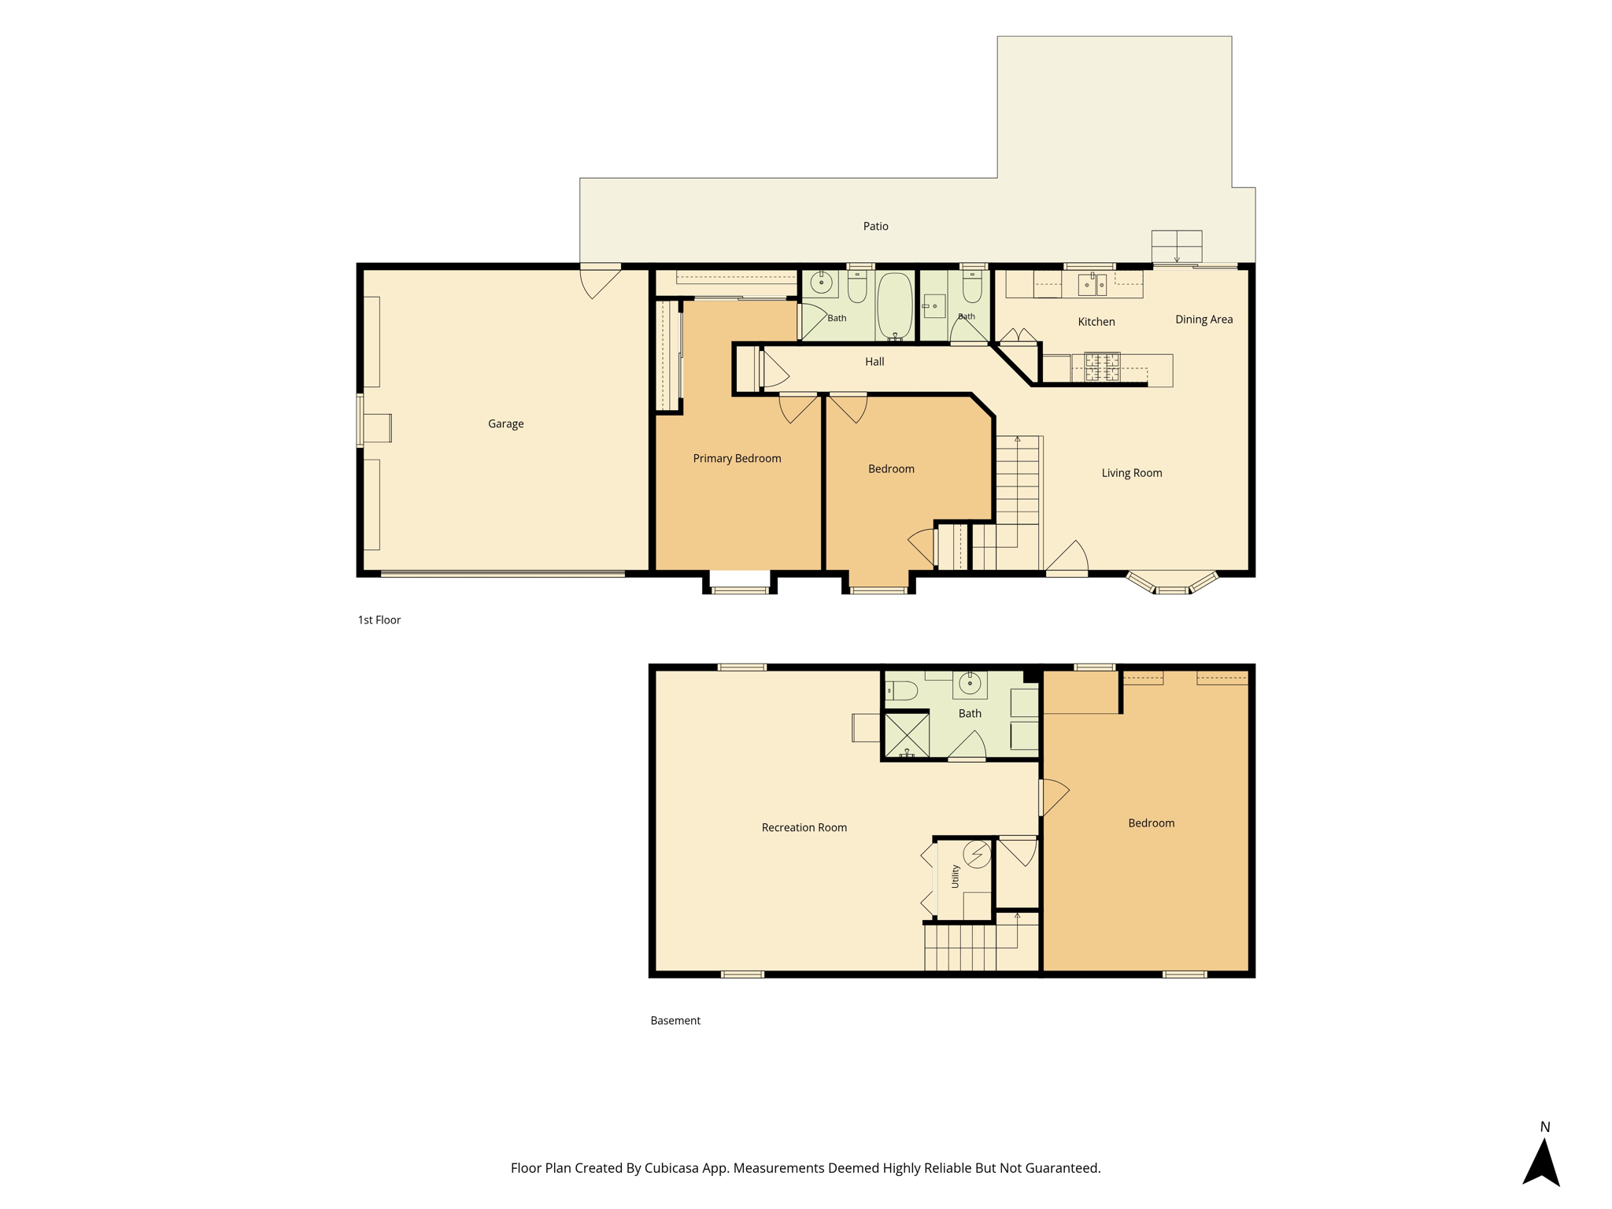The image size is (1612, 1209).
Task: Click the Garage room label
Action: (505, 423)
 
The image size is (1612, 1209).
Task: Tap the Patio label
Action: (875, 226)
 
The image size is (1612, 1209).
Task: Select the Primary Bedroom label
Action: (737, 458)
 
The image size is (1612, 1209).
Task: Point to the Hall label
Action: (874, 361)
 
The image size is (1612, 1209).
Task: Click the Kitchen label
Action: (1096, 321)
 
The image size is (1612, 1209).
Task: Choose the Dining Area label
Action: (1203, 319)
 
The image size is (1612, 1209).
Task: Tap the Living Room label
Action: (1131, 472)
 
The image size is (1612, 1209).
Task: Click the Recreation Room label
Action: (804, 827)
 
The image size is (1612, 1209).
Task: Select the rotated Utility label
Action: (955, 876)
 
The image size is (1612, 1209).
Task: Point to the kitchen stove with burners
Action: (1102, 367)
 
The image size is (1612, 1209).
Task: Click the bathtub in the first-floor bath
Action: (894, 306)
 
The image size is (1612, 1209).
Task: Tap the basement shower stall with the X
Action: (907, 735)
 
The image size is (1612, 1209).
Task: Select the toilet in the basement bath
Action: (901, 691)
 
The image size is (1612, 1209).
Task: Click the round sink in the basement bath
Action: (970, 683)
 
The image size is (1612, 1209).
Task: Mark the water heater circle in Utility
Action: (977, 854)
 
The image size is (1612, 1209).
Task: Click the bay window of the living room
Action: (1172, 583)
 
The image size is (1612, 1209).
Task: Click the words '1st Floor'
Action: (379, 619)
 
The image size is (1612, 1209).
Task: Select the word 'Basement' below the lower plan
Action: (675, 1020)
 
